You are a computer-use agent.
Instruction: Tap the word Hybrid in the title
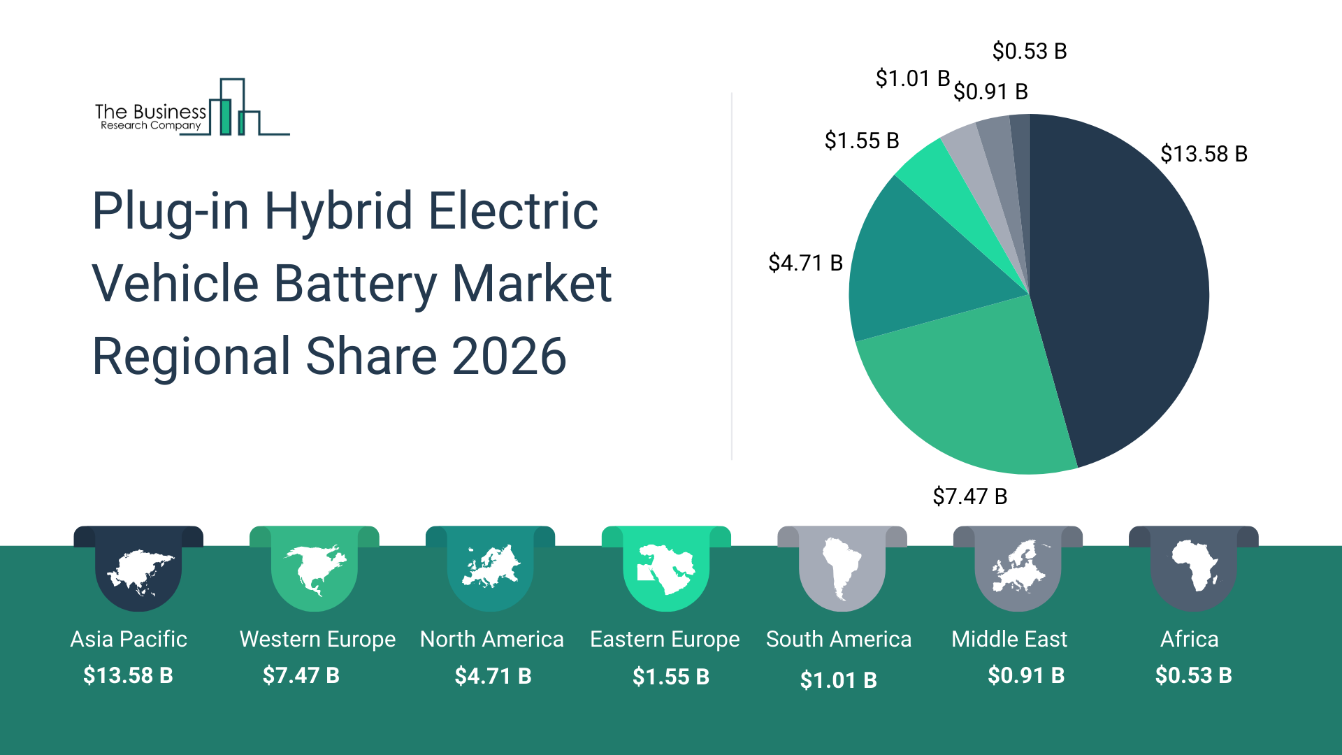(x=338, y=210)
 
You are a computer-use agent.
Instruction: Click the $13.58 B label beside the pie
(x=1204, y=154)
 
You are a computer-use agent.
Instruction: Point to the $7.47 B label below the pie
(x=969, y=496)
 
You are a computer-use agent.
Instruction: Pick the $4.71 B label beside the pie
(x=805, y=263)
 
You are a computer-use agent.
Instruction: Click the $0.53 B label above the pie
(x=1029, y=51)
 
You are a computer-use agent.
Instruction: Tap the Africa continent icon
(x=1195, y=566)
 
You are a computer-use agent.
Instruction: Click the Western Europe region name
(x=317, y=639)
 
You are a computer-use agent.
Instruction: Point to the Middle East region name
(x=1009, y=639)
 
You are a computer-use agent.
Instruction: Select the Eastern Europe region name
(x=665, y=639)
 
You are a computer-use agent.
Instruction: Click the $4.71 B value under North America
(x=493, y=676)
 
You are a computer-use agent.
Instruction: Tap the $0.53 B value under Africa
(x=1193, y=675)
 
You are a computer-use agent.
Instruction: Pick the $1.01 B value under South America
(x=838, y=679)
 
